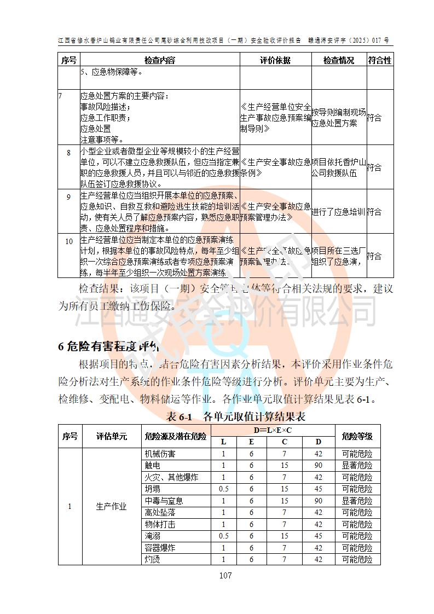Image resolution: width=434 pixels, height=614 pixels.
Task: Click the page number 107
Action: tap(225, 575)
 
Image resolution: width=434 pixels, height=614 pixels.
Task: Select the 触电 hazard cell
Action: tap(153, 465)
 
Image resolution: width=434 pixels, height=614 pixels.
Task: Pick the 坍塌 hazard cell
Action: tap(153, 489)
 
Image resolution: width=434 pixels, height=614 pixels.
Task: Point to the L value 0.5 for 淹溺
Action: tap(223, 536)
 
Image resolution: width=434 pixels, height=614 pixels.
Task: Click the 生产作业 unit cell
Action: tap(111, 506)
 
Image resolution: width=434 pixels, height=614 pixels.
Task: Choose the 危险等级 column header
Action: tap(357, 436)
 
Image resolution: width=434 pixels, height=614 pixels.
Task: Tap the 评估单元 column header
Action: tap(111, 436)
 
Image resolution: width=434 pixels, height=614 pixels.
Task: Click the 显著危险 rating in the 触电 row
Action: tap(357, 465)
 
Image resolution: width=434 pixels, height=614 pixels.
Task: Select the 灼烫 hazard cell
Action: tap(153, 559)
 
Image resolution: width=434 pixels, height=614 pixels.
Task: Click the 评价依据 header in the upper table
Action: tap(275, 60)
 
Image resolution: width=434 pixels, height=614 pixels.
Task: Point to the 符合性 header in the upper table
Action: tap(380, 60)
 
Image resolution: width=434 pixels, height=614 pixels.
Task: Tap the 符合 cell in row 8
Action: tap(374, 167)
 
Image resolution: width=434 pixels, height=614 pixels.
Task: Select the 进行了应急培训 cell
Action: tap(339, 212)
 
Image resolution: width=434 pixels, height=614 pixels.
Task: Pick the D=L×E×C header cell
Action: tap(272, 430)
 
